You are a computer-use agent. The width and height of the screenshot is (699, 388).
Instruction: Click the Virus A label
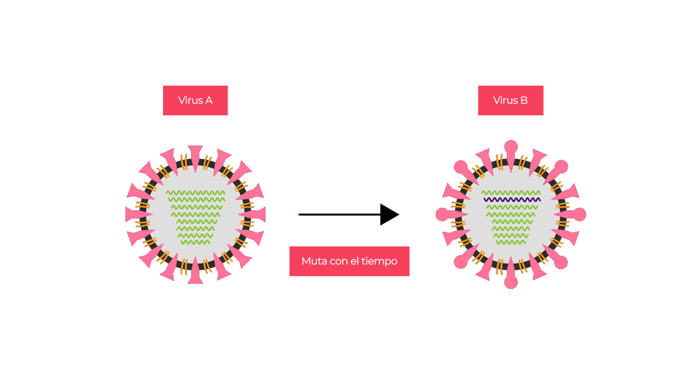(x=195, y=100)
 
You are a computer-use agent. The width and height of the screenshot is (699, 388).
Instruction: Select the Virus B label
(x=510, y=100)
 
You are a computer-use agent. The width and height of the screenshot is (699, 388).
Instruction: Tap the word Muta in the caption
(x=314, y=261)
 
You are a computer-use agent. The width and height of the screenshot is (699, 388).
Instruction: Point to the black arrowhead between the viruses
(x=389, y=214)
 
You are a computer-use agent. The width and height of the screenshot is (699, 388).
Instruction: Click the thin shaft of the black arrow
(x=338, y=214)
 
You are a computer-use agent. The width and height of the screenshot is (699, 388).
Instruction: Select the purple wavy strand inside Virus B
(x=511, y=200)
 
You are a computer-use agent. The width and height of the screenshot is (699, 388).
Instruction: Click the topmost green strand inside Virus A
(x=195, y=192)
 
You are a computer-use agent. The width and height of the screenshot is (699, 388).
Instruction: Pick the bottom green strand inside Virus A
(x=195, y=242)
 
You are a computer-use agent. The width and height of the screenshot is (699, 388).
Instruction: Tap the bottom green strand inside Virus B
(x=511, y=242)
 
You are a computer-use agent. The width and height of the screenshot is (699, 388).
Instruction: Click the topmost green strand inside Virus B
(x=511, y=192)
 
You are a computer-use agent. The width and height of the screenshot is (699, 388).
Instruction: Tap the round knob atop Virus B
(x=511, y=147)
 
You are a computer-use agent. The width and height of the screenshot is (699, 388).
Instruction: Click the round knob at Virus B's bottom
(x=511, y=283)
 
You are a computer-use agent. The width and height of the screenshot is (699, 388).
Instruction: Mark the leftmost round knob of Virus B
(x=443, y=214)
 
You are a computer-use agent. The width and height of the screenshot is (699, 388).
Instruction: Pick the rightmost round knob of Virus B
(x=579, y=214)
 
